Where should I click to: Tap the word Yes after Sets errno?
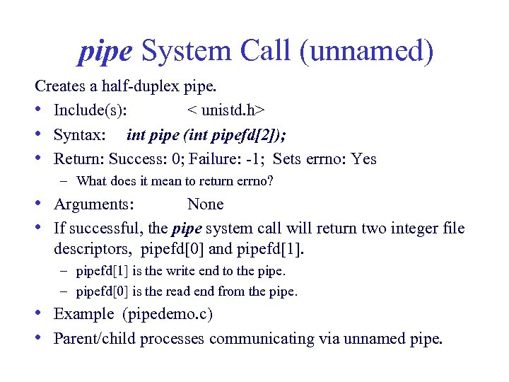coord(364,159)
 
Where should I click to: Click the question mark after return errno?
coord(270,181)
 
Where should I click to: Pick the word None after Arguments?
coord(205,204)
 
